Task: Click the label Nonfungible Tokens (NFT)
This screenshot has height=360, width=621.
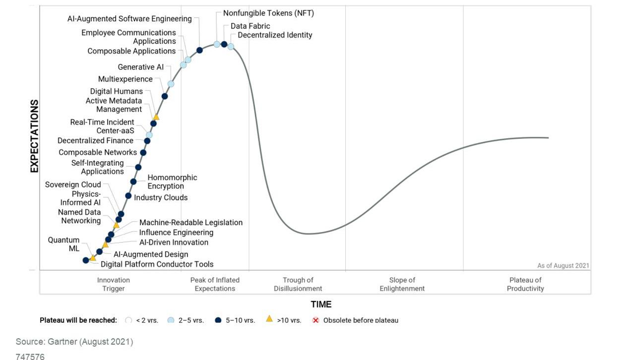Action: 268,13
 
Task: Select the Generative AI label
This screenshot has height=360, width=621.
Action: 140,67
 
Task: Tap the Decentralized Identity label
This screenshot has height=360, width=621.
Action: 275,35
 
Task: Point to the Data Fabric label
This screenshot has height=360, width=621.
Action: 250,26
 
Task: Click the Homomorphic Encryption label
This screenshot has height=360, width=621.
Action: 172,182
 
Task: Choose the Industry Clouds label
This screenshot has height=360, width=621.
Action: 161,197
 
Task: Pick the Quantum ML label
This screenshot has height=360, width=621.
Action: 63,244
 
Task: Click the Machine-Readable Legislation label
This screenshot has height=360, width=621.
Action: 190,223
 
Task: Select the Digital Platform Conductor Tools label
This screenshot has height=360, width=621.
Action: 157,264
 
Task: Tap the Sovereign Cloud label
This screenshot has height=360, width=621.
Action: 72,184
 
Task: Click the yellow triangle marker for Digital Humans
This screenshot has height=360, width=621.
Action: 156,117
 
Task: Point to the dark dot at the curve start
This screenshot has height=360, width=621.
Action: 86,260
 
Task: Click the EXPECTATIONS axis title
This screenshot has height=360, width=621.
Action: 34,136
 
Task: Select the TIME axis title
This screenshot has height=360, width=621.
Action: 321,304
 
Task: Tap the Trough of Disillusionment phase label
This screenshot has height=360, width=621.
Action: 298,284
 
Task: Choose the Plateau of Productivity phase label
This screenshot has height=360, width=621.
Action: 525,284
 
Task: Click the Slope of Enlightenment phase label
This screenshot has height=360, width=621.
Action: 402,284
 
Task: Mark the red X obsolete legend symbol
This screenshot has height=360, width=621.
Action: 315,320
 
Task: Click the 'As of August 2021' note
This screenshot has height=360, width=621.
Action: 563,266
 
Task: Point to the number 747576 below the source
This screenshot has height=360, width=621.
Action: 30,357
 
